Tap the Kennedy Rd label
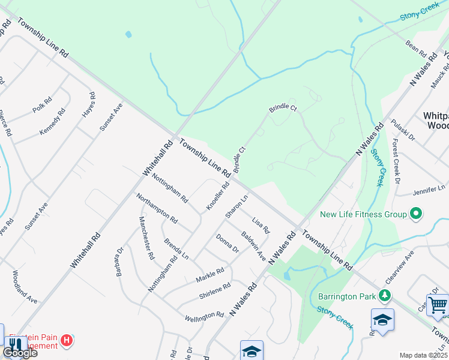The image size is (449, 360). coord(52,122)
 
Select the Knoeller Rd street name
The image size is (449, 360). coord(218,196)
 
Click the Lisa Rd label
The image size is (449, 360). coord(261,225)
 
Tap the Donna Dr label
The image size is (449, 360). coord(228,244)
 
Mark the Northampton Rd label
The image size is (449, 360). coord(157,208)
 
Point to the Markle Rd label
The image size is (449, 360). coord(209,275)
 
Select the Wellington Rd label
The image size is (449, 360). coord(204,317)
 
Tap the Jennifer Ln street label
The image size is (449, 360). coord(429,190)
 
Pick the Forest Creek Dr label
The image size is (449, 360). coord(396,162)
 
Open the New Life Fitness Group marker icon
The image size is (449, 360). coord(415,214)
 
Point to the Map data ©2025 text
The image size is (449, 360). coord(424,355)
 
